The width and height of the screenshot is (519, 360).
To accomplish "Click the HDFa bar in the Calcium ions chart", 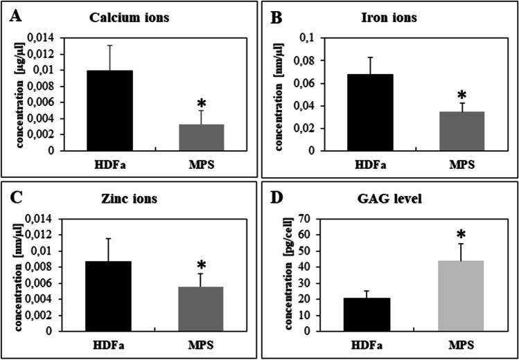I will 109,110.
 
